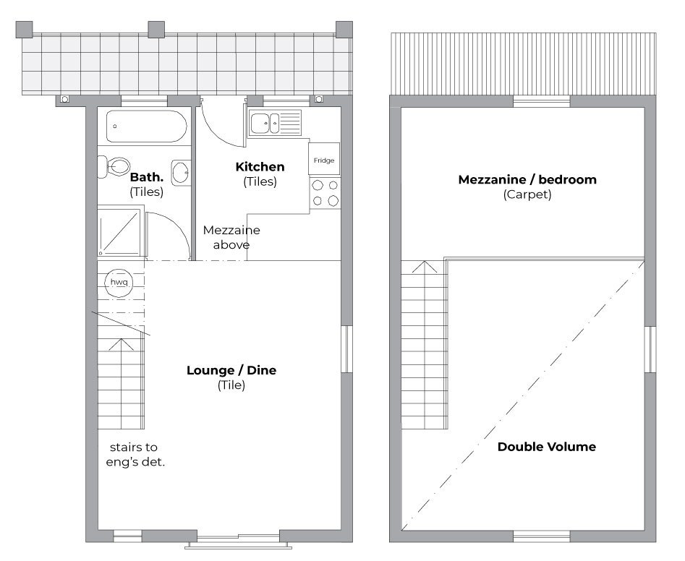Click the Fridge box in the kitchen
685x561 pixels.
(324, 159)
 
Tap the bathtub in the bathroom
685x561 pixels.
(146, 127)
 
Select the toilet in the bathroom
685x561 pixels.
(114, 166)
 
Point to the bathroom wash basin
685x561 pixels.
(181, 173)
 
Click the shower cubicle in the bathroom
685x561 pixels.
(119, 232)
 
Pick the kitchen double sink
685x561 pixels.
(275, 123)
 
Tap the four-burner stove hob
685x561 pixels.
(325, 192)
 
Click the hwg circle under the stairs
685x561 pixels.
(119, 283)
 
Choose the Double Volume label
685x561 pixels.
(547, 447)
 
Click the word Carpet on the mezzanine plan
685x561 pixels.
(527, 194)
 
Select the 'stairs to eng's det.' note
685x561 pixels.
(135, 455)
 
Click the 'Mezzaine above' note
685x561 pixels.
(231, 237)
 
